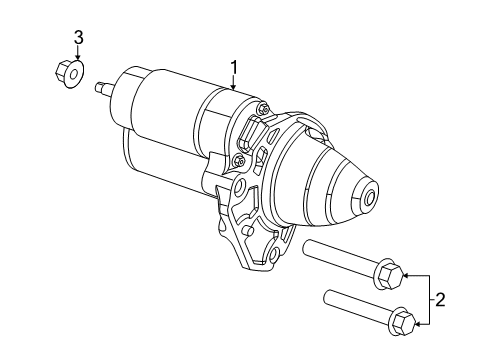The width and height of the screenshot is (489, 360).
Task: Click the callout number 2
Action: point(439,298)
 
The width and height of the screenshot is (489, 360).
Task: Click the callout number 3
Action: point(76,38)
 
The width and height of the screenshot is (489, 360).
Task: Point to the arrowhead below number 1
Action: point(233,90)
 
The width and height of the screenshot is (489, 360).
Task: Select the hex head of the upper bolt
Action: point(391,272)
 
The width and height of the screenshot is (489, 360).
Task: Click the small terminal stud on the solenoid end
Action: point(103,88)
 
